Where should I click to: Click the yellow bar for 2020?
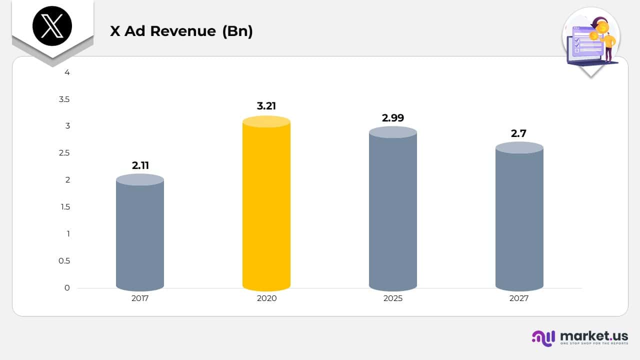[x=266, y=205]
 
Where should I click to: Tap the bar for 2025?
[x=393, y=210]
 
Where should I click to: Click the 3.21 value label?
[x=266, y=106]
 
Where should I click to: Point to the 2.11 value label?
[x=140, y=165]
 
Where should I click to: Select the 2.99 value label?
[x=393, y=118]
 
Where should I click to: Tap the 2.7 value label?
[x=518, y=133]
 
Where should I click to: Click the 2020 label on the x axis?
[x=266, y=298]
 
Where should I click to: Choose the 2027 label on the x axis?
[x=519, y=298]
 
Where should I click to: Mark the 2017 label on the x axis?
[x=140, y=298]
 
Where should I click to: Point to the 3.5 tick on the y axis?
[x=64, y=99]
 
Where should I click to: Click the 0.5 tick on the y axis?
[x=64, y=261]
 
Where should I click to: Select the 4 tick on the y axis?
[x=67, y=72]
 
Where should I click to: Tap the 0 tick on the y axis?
[x=67, y=288]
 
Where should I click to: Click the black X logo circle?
[x=52, y=26]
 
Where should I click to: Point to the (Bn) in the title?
[x=237, y=31]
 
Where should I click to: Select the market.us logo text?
[x=594, y=336]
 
